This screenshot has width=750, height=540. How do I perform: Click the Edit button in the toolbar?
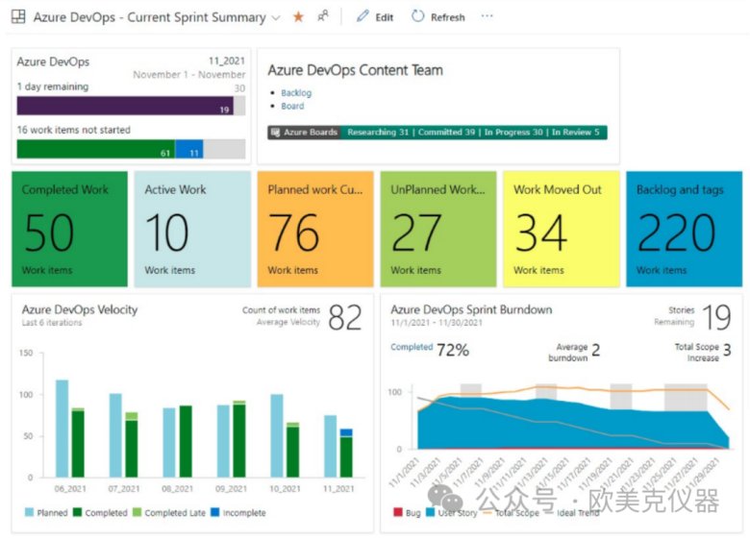click(x=375, y=17)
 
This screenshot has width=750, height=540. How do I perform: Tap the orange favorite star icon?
click(x=298, y=17)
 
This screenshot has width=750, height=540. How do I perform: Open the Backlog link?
click(x=296, y=93)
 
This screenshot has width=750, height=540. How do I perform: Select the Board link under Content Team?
click(x=292, y=107)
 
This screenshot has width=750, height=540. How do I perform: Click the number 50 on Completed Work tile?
click(x=49, y=232)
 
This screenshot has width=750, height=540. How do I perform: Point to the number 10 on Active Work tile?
click(x=166, y=232)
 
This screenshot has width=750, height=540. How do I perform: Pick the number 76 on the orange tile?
click(x=294, y=232)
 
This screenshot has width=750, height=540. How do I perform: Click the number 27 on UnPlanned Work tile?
click(x=417, y=232)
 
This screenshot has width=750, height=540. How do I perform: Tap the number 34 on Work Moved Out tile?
click(x=541, y=232)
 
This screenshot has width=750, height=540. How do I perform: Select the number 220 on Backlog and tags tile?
click(x=676, y=232)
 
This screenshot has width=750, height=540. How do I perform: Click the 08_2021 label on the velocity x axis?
click(x=176, y=489)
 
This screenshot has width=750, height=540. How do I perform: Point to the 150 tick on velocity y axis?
click(x=26, y=354)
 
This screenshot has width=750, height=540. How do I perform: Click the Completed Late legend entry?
click(x=169, y=513)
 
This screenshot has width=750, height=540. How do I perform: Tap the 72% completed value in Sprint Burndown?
click(x=452, y=350)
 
